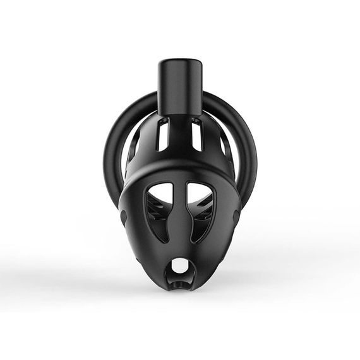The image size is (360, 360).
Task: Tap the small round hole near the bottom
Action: [180, 266]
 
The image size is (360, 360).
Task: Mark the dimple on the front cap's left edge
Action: [123, 217]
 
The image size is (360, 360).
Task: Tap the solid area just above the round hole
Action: [180, 248]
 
